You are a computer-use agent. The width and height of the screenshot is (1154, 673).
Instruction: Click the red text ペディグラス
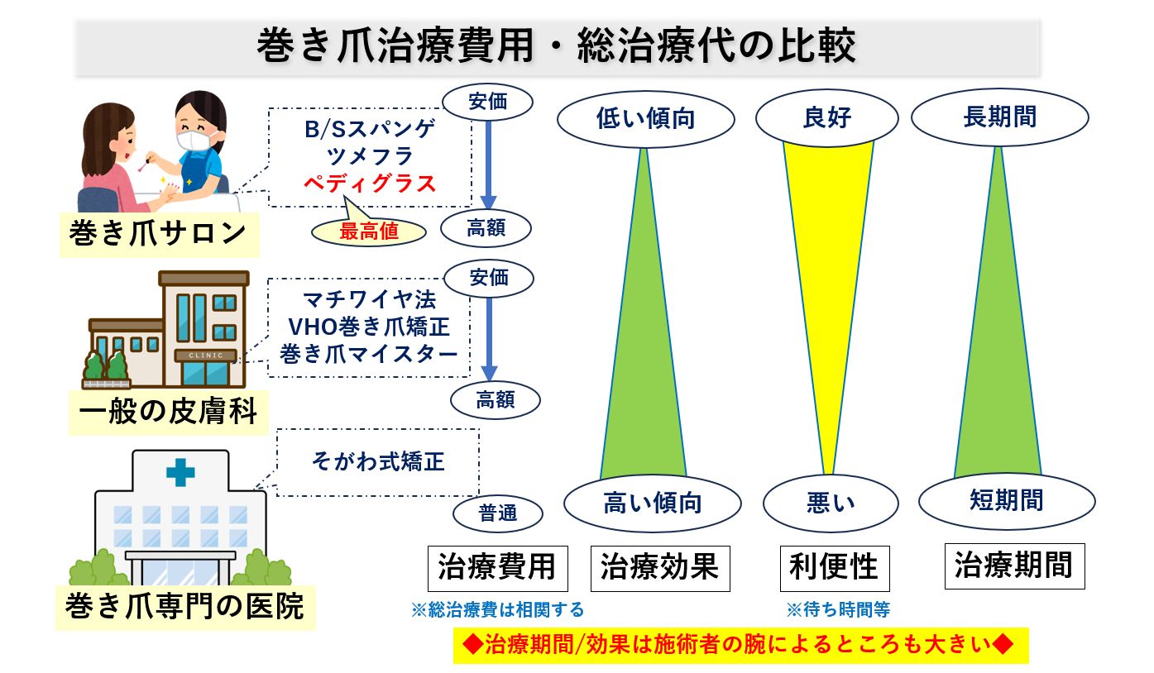pyautogui.click(x=370, y=184)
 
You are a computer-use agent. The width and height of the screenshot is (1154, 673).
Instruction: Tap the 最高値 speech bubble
pyautogui.click(x=369, y=231)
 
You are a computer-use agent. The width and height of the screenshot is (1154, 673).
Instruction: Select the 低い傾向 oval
pyautogui.click(x=645, y=119)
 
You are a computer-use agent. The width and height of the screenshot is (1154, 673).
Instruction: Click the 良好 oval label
pyautogui.click(x=827, y=118)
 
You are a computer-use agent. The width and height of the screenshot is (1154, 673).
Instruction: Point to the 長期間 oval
pyautogui.click(x=999, y=117)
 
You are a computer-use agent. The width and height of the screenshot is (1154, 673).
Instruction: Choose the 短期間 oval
pyautogui.click(x=1007, y=500)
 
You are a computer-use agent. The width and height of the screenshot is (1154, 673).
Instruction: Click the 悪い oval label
pyautogui.click(x=831, y=503)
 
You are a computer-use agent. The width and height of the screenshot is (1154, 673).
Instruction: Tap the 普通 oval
pyautogui.click(x=498, y=513)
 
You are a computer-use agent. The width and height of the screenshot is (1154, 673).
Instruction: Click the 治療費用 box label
pyautogui.click(x=498, y=568)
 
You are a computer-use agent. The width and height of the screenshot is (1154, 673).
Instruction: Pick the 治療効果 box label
pyautogui.click(x=660, y=568)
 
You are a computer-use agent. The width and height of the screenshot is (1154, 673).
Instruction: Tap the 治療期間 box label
pyautogui.click(x=1014, y=566)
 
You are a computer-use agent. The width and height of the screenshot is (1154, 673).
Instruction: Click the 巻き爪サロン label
pyautogui.click(x=159, y=234)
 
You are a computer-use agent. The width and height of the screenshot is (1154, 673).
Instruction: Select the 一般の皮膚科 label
pyautogui.click(x=169, y=413)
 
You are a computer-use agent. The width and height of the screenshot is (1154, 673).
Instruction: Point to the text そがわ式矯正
pyautogui.click(x=378, y=461)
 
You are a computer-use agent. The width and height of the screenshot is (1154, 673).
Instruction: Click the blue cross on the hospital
pyautogui.click(x=180, y=473)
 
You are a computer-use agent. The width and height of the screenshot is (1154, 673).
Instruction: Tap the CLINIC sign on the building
pyautogui.click(x=206, y=356)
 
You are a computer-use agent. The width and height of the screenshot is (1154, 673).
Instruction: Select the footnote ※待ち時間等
pyautogui.click(x=838, y=609)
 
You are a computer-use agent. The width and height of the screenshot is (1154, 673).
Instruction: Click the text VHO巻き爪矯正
pyautogui.click(x=369, y=327)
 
